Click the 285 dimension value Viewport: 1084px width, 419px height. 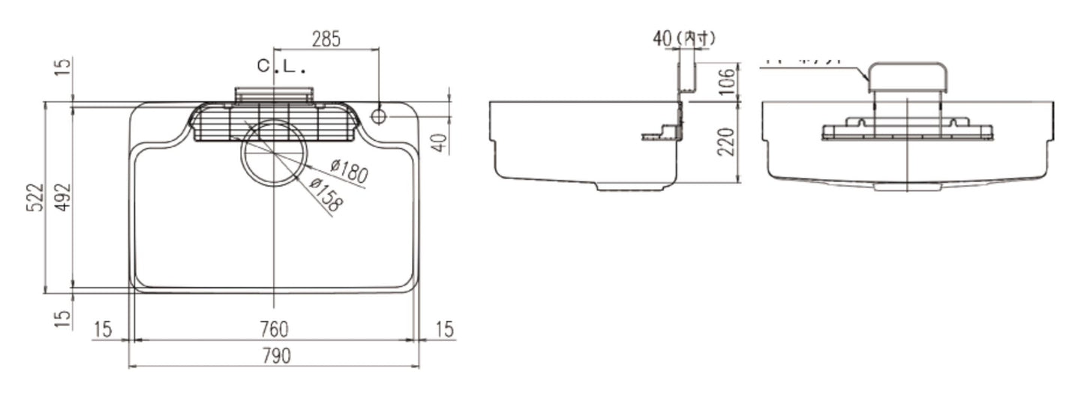(326, 39)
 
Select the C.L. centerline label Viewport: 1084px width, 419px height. (282, 67)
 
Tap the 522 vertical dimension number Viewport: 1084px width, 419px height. (35, 197)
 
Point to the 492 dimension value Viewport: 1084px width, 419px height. (63, 197)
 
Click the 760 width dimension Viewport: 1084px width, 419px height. (275, 329)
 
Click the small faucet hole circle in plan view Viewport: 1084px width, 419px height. (378, 116)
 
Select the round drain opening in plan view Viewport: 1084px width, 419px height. (274, 152)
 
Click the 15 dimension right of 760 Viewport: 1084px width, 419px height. (444, 329)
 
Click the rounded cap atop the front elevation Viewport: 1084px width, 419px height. (908, 76)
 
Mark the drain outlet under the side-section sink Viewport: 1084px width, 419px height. (630, 186)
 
